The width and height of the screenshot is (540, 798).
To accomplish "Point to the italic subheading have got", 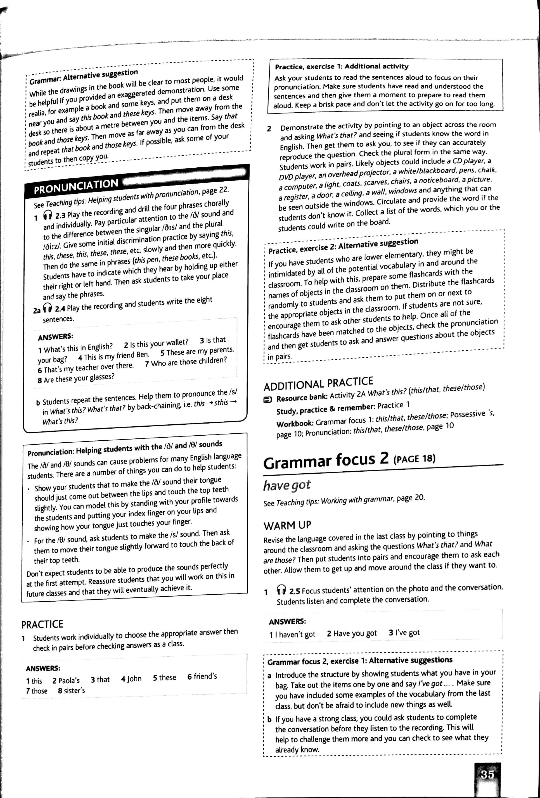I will (287, 484).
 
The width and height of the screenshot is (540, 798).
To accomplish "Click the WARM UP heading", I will (287, 525).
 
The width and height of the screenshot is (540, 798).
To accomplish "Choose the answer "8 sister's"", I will (71, 690).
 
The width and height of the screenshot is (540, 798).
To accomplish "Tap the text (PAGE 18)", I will (415, 459).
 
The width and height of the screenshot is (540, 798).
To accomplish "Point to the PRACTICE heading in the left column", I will (42, 624).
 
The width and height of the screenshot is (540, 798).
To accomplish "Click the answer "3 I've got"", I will (404, 632).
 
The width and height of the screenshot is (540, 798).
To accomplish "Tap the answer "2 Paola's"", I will (66, 680).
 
